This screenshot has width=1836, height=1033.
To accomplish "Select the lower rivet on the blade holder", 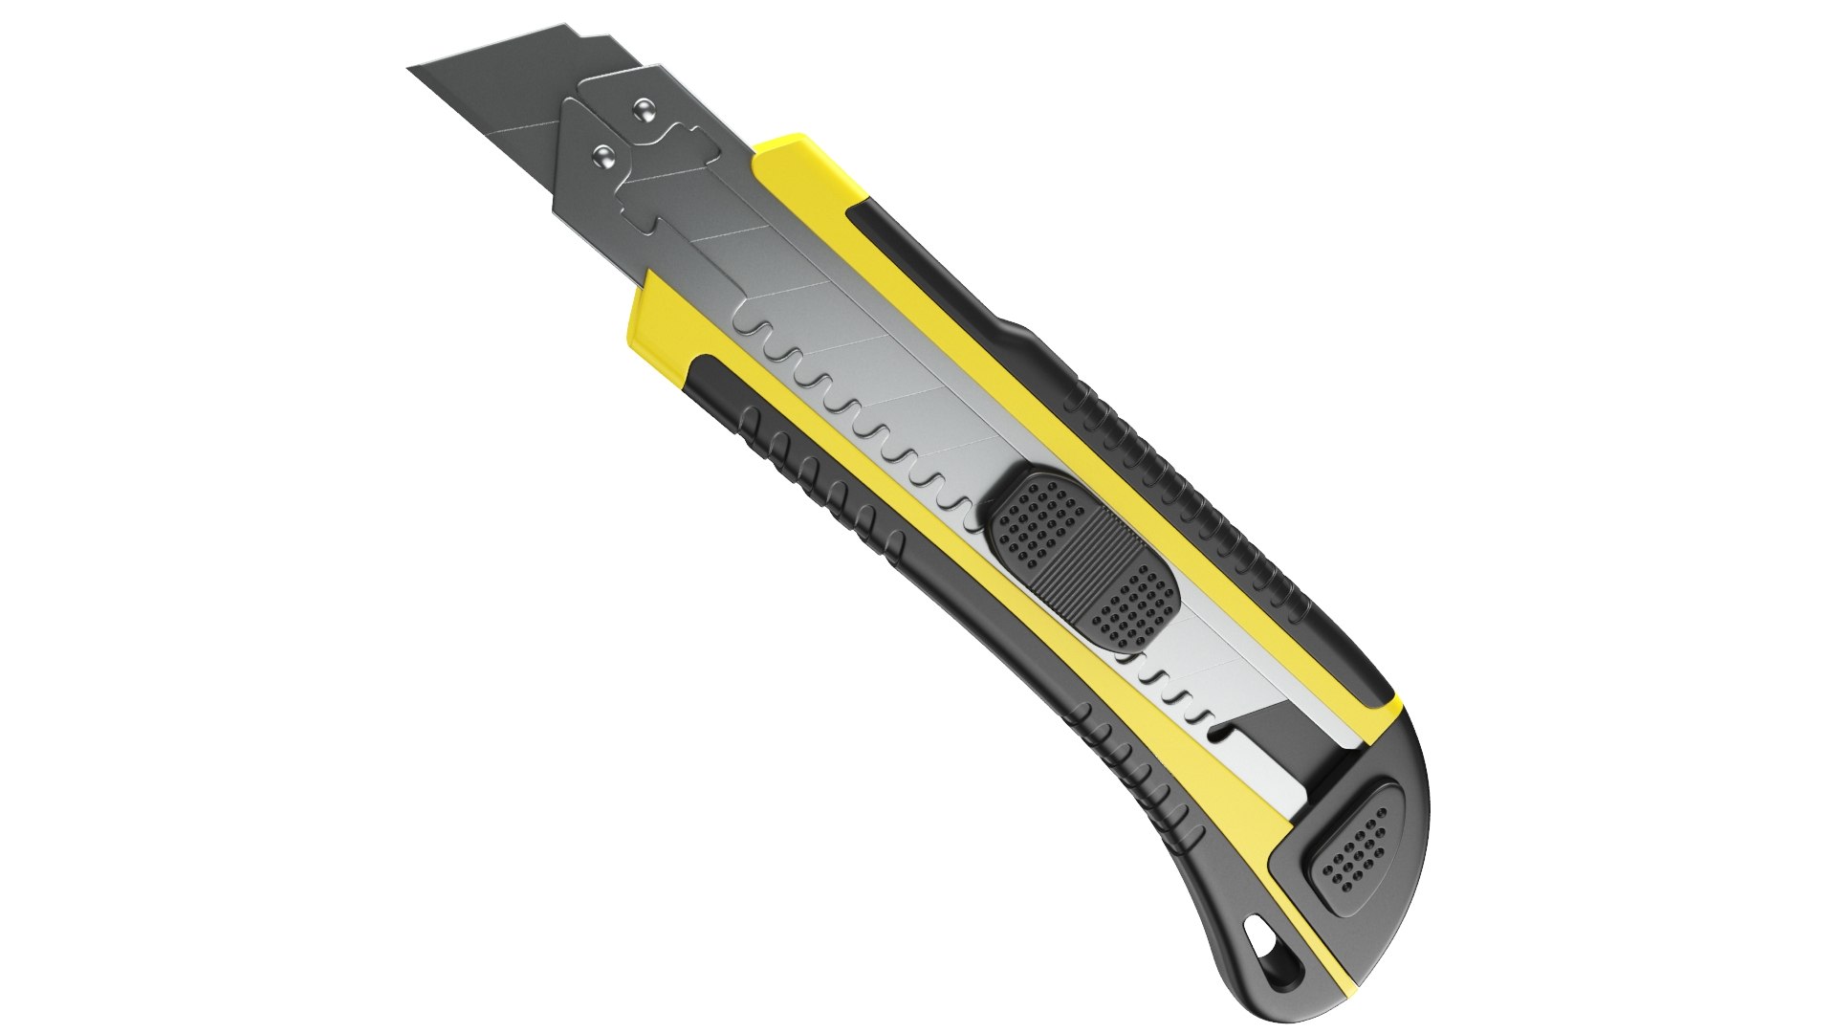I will point(603,153).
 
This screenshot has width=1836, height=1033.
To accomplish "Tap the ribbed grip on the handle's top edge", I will point(1195,497).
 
